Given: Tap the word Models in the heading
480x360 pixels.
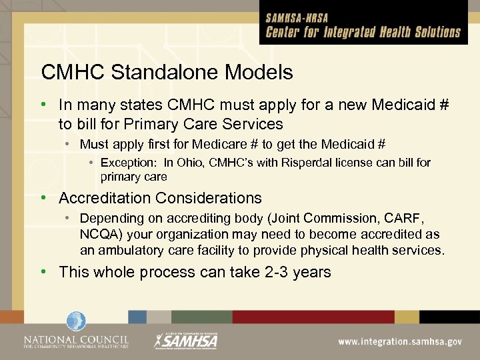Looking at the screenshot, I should pos(260,72).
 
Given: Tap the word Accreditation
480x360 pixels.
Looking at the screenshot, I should pos(105,198).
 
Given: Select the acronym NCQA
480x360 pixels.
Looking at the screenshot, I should pos(100,235).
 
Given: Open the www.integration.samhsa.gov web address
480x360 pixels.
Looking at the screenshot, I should pos(400,341).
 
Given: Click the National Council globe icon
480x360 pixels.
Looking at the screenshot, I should pos(76,321).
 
